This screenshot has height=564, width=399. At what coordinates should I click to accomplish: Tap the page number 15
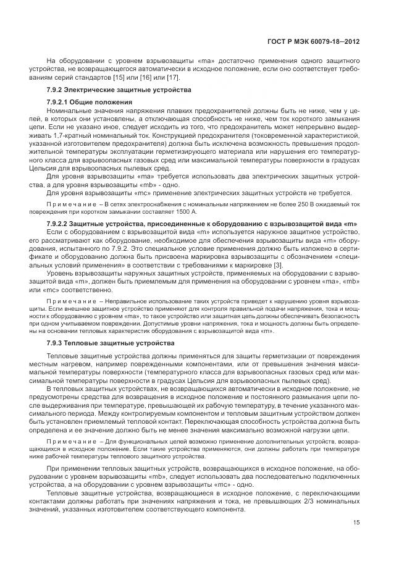click(356, 522)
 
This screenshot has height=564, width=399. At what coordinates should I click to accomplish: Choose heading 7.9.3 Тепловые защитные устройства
click(102, 342)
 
